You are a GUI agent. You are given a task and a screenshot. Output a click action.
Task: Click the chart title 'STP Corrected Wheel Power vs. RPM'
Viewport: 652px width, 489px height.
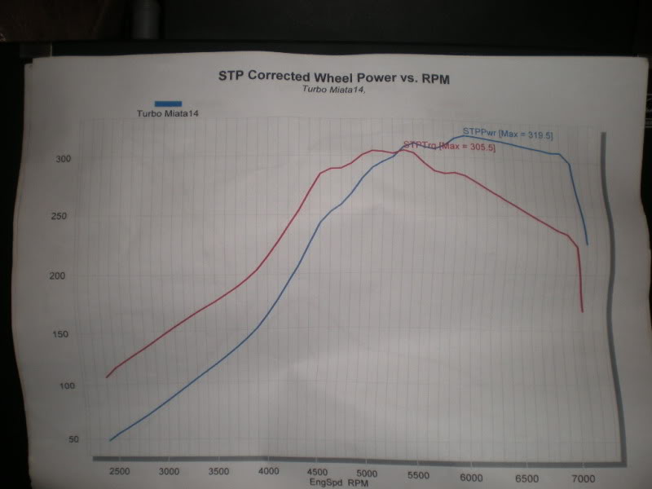click(x=334, y=77)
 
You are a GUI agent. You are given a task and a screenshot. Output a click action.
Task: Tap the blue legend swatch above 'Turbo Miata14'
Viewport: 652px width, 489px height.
click(x=168, y=103)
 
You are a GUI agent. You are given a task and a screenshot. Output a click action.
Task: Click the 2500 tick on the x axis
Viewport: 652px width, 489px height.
click(x=119, y=471)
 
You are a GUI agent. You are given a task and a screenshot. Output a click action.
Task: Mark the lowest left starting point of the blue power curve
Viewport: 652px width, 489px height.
click(x=110, y=440)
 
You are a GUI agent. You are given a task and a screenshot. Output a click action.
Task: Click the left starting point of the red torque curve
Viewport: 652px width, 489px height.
click(x=107, y=377)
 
